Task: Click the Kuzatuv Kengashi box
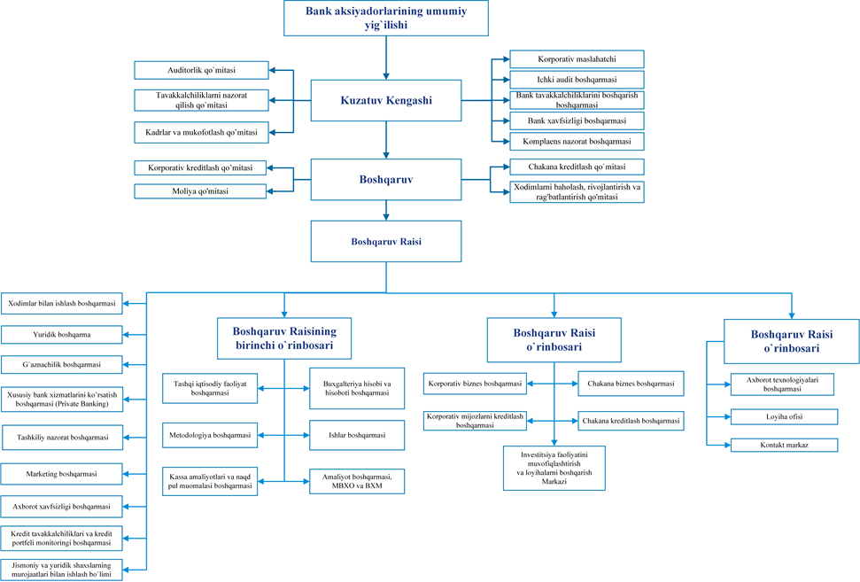pos(386,100)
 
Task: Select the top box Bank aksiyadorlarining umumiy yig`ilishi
pos(386,18)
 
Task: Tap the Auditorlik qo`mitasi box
pos(201,70)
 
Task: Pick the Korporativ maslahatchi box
pos(577,59)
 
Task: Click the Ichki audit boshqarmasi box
pos(577,80)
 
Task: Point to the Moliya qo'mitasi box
pos(200,191)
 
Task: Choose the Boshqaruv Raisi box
pos(386,241)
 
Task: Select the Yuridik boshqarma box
pos(61,335)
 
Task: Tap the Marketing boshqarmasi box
pos(61,474)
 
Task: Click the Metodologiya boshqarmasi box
pos(210,435)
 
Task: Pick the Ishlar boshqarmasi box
pos(357,436)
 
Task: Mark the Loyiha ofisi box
pos(785,417)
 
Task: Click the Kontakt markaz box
pos(785,445)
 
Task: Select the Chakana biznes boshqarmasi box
pos(631,384)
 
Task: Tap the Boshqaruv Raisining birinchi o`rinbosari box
pos(284,338)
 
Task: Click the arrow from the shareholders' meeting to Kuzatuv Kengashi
pos(386,58)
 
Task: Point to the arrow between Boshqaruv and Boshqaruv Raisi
pos(386,211)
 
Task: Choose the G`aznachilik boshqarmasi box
pos(61,364)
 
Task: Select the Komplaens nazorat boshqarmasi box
pos(577,142)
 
